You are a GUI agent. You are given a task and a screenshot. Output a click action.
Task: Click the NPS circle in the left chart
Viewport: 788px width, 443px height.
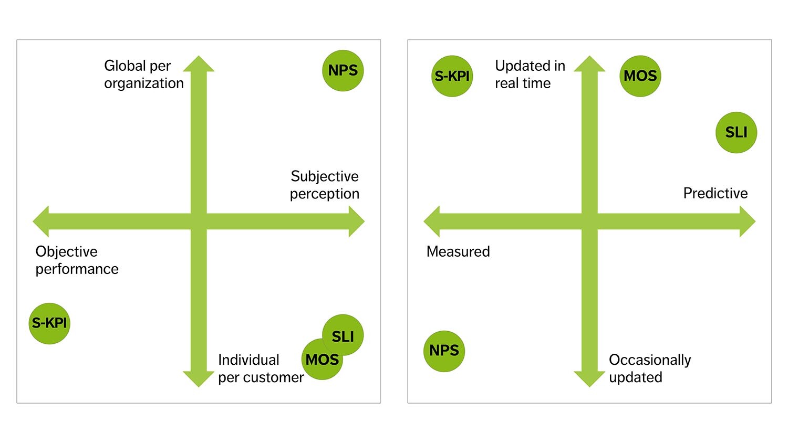(x=343, y=71)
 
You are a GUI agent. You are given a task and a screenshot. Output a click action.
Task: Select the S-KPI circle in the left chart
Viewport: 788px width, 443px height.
(x=49, y=323)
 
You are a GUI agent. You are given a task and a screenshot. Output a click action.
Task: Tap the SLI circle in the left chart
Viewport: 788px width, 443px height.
(x=344, y=333)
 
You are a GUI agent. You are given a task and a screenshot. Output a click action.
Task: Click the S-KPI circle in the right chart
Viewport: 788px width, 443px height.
(x=452, y=76)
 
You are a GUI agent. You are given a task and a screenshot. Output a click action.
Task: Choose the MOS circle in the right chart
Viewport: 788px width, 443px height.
(x=640, y=76)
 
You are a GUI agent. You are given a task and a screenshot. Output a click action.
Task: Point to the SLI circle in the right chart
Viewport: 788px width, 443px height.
(x=736, y=132)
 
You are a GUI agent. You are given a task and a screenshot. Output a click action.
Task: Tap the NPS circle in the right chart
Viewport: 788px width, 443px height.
(x=444, y=351)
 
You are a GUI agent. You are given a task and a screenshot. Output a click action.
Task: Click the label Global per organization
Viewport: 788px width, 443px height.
(x=143, y=75)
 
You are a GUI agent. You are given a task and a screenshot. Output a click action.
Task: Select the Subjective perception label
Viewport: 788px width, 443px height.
(x=325, y=185)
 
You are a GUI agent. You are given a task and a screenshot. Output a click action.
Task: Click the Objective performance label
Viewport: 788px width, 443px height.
(x=77, y=260)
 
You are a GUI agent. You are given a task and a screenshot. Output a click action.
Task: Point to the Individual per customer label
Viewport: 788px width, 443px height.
(x=261, y=368)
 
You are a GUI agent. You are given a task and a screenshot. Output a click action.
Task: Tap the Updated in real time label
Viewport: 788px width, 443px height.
(x=530, y=75)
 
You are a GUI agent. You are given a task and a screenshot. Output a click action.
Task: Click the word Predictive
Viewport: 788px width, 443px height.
(x=715, y=193)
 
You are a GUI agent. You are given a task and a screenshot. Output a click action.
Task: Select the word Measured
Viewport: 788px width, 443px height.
(x=458, y=252)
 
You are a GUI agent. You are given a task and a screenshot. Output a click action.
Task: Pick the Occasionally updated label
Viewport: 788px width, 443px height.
(x=649, y=368)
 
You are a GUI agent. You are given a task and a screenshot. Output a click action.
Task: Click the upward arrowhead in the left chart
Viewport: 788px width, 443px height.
(x=199, y=65)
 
